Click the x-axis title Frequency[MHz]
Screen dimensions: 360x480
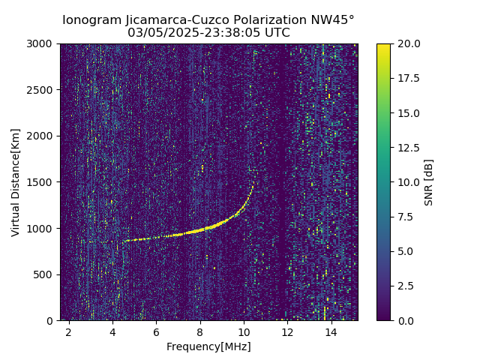point(208,346)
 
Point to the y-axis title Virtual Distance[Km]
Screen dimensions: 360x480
point(16,182)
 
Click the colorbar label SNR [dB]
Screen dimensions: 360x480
point(429,182)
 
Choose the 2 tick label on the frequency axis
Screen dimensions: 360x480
point(69,331)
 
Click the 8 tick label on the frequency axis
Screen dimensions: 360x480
point(200,331)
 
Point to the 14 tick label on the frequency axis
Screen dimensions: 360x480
point(331,331)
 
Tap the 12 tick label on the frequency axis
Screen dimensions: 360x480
point(287,331)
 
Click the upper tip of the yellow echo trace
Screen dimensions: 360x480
point(253,182)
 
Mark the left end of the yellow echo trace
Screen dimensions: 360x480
point(124,241)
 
